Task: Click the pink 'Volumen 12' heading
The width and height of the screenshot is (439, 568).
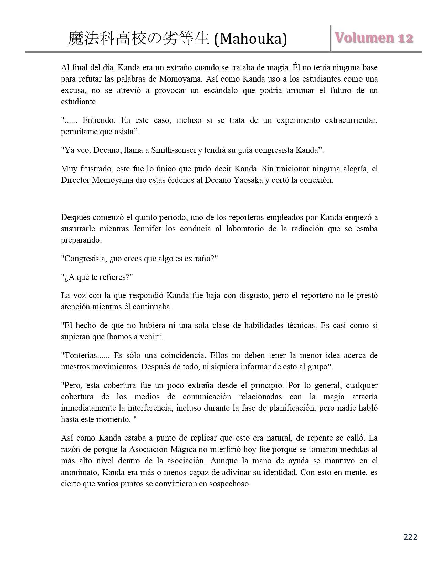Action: (x=374, y=38)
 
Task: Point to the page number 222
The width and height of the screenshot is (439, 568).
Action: (x=410, y=537)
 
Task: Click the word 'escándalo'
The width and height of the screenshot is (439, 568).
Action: (x=211, y=90)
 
